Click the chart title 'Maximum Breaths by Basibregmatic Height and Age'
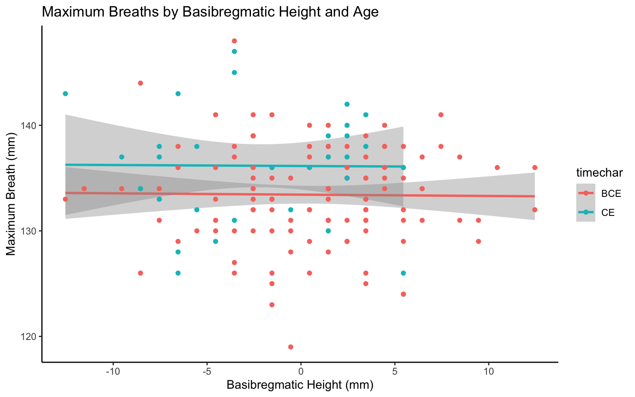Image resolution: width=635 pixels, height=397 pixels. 210,12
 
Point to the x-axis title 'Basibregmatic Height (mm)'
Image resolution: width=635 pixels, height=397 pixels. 300,385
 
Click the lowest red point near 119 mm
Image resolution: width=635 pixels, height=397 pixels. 291,347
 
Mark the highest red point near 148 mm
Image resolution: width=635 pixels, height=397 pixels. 234,41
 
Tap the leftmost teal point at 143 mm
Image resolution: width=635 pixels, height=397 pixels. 65,93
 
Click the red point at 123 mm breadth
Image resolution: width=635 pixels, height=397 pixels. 272,305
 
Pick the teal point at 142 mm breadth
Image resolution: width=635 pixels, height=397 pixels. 347,104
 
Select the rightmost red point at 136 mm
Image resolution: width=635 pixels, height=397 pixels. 535,167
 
